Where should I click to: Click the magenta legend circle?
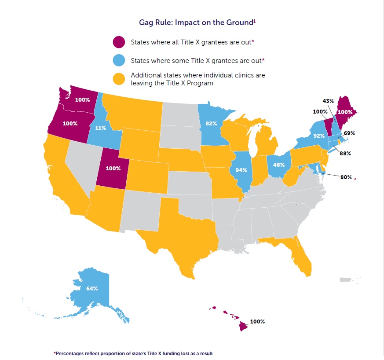119,42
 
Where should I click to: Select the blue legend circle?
119,60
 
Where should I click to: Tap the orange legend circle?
119,79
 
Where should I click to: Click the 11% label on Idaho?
101,129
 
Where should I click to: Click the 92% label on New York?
319,136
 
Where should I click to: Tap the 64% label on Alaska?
92,289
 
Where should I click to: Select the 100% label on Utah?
113,168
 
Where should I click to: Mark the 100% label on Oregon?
70,123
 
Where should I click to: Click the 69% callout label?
349,133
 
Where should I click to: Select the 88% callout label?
344,153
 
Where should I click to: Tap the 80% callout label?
346,177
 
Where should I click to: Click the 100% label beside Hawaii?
257,322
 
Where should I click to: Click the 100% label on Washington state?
82,99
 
